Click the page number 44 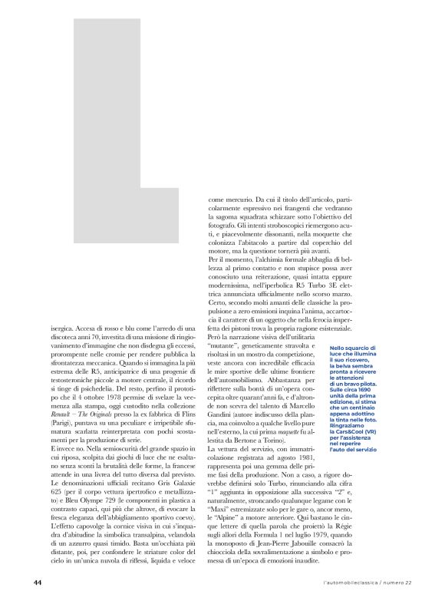click(x=37, y=583)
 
